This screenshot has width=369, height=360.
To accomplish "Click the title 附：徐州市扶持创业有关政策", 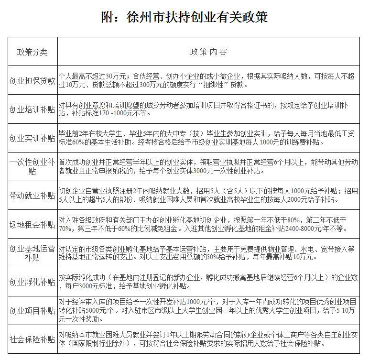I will point(184,18).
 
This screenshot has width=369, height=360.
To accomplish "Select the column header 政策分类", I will point(33,52).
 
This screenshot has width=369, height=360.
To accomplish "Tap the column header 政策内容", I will point(208,52).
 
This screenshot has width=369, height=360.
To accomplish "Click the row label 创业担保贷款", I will point(33,80).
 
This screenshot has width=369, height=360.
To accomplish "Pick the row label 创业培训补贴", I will point(33,109).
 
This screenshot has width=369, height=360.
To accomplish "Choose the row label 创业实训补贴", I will point(33,138).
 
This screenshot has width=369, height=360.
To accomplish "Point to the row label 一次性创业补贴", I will point(33,166).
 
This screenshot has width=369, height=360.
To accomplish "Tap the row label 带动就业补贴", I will point(33,195).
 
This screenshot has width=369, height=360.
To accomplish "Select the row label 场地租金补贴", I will point(33,224).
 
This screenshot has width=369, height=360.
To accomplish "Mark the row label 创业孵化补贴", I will point(33,282).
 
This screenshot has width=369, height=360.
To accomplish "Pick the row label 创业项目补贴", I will point(33,311).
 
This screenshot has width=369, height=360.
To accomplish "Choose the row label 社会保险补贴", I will point(33,339).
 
